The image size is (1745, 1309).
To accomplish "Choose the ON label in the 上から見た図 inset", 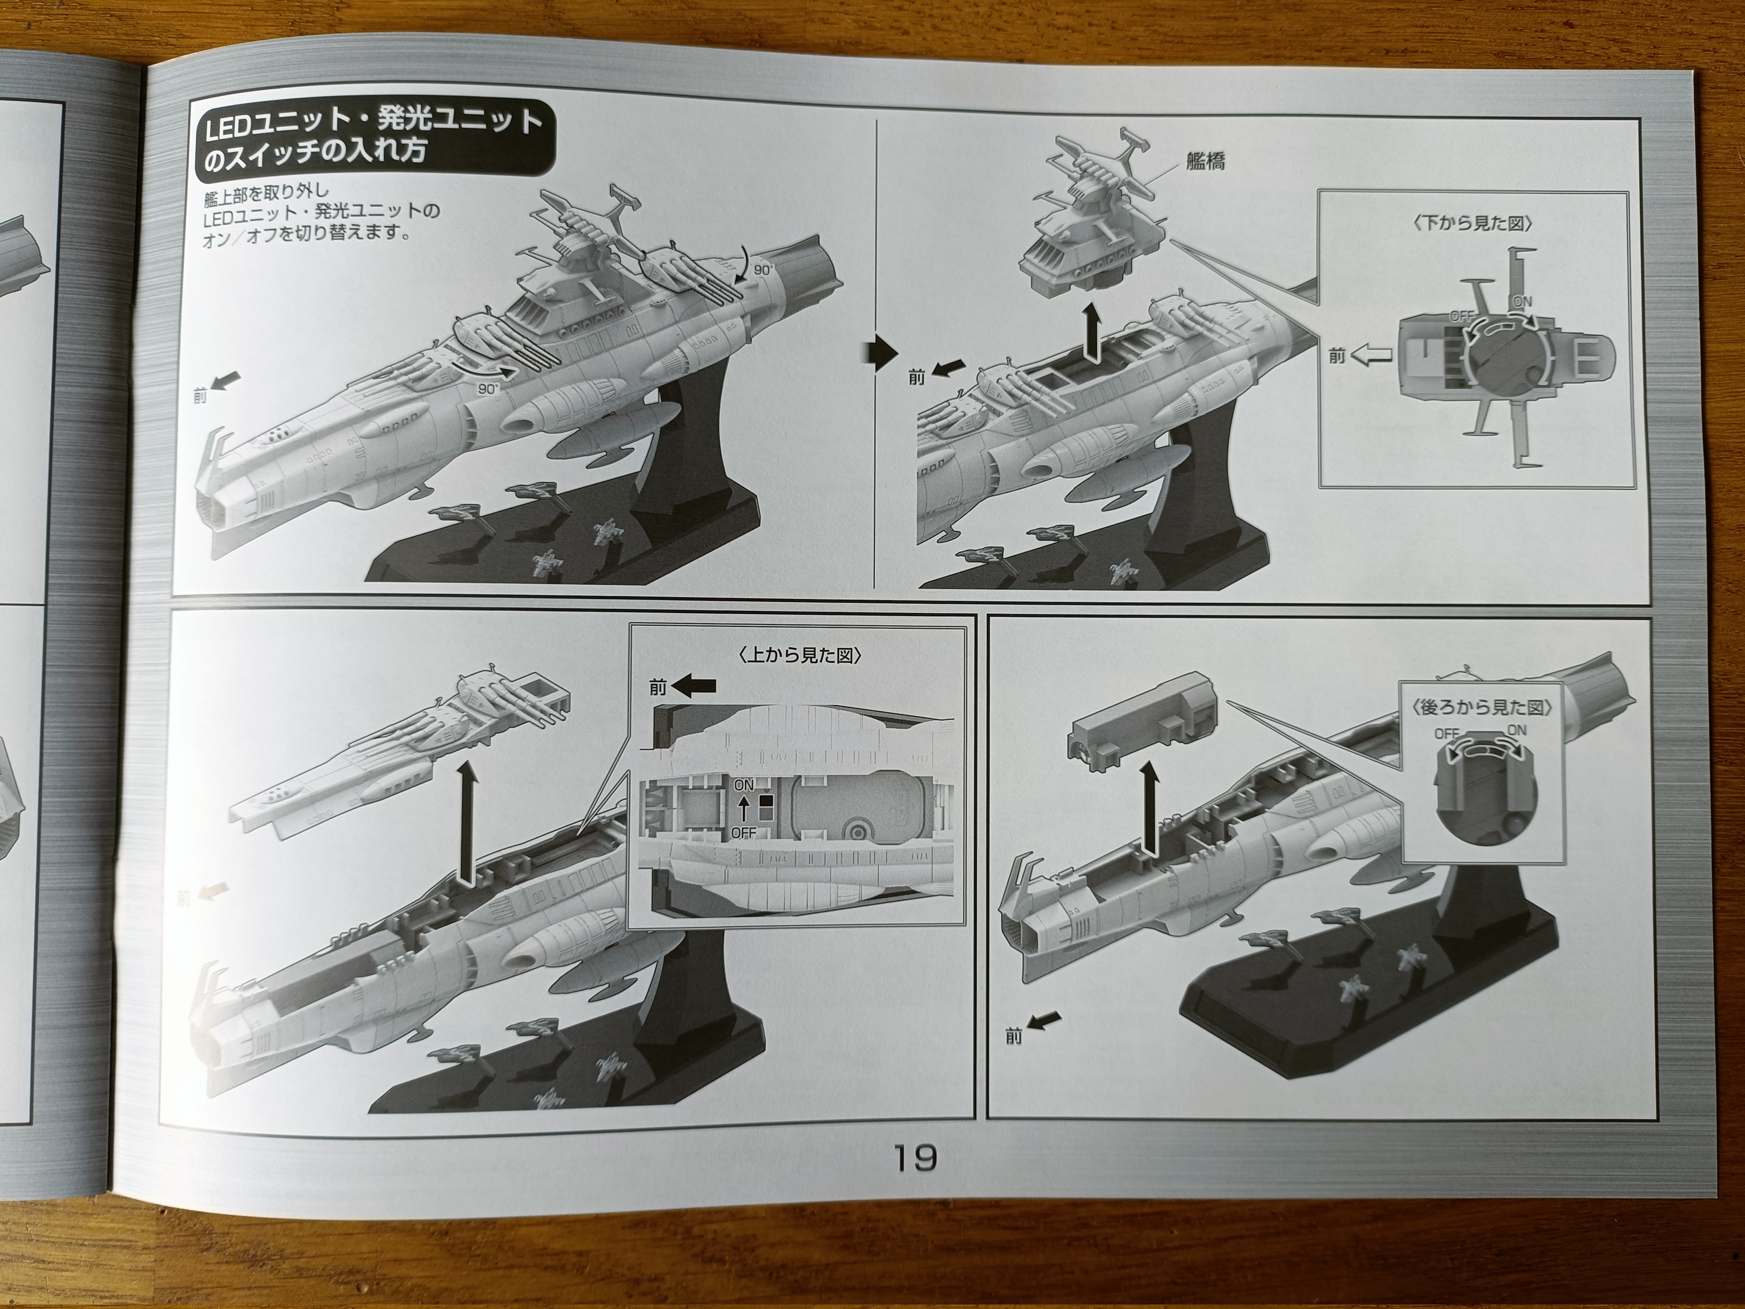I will (743, 786).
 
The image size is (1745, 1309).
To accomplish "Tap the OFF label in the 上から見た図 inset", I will (743, 832).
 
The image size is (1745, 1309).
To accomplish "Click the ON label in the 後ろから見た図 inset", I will (1516, 731).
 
